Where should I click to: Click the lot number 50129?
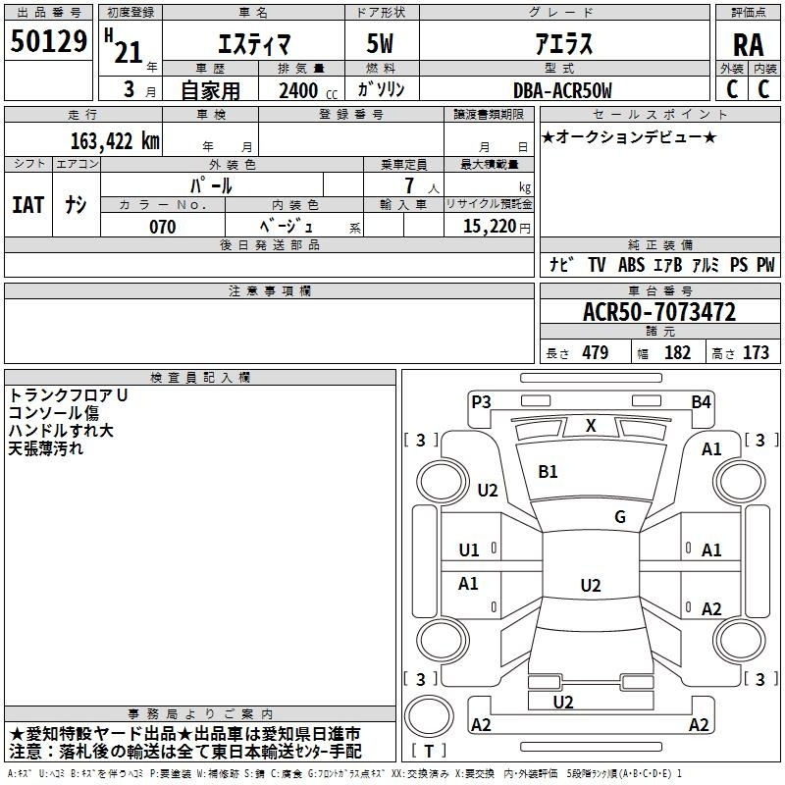pos(48,41)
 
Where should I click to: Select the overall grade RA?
pos(748,45)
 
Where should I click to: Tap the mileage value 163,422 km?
pos(115,140)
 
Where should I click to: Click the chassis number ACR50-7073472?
pos(659,311)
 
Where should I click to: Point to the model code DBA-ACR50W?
pos(562,90)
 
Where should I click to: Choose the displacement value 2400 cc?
pos(308,90)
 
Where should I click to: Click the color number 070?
pos(162,227)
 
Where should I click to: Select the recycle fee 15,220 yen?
pos(497,227)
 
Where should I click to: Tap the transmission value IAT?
pos(27,205)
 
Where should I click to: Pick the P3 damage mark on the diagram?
pos(481,402)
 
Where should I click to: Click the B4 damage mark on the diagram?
pos(701,402)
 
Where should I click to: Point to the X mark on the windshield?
pos(591,426)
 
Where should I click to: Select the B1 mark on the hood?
pos(548,472)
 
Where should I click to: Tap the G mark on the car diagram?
pos(620,516)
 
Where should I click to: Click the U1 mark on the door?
pos(469,550)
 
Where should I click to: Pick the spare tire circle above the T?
pos(429,716)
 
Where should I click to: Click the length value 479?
pos(596,352)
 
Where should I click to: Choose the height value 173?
pos(756,352)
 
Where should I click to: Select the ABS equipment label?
pos(631,264)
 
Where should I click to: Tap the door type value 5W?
pos(380,43)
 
